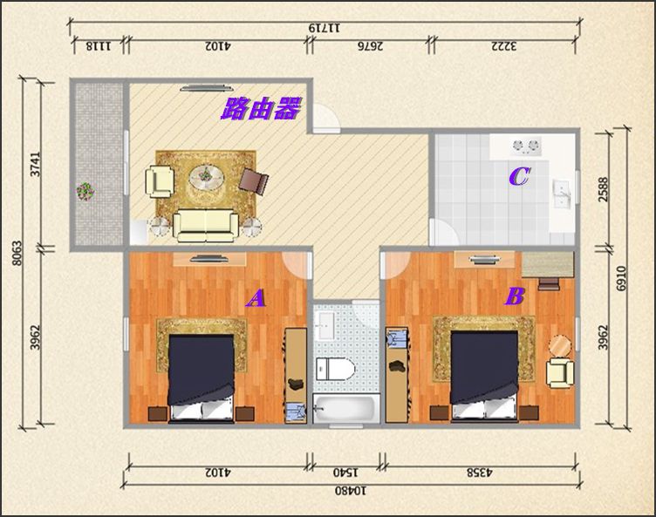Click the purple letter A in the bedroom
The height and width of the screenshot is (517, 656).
(x=256, y=298)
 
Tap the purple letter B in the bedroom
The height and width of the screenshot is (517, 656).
(x=515, y=296)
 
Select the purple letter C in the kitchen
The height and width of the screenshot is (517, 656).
(x=520, y=176)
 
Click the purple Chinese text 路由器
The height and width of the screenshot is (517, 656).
(x=261, y=109)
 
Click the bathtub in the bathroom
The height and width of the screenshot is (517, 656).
(x=345, y=410)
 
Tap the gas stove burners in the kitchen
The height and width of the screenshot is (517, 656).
(x=525, y=146)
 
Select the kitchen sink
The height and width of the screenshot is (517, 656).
(x=562, y=194)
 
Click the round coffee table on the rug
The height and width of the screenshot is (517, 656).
(x=206, y=177)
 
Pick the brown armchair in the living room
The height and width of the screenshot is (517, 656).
(x=254, y=180)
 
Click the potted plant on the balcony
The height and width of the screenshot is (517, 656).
(x=85, y=191)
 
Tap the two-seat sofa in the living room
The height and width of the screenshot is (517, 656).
(x=205, y=225)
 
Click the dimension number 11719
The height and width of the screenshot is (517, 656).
(x=325, y=28)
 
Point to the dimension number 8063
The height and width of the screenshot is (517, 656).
(x=17, y=253)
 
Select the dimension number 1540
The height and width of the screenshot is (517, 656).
(x=345, y=473)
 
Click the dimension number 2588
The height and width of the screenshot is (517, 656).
(x=603, y=189)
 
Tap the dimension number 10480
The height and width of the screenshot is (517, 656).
(x=350, y=490)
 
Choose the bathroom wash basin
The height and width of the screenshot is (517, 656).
(x=325, y=325)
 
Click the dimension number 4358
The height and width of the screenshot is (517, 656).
(x=480, y=473)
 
